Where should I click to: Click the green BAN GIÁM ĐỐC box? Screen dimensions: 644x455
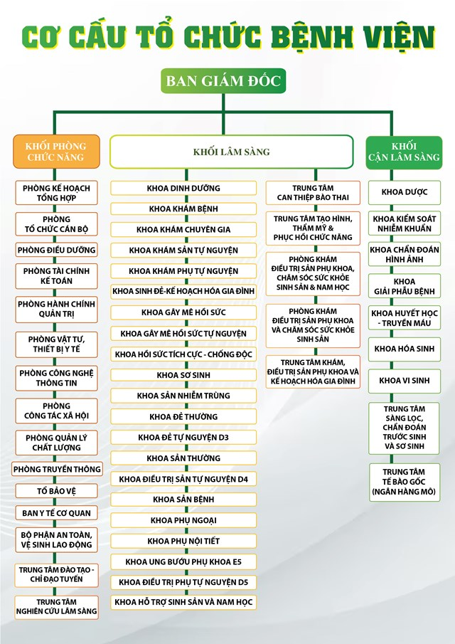tap(224, 80)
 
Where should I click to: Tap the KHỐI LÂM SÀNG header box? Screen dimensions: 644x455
tap(231, 152)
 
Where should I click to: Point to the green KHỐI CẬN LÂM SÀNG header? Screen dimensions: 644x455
tap(403, 151)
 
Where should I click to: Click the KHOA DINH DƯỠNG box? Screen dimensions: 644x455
tap(183, 188)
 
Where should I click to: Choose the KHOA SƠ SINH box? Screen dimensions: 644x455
tap(183, 374)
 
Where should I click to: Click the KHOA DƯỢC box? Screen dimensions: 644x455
tap(404, 192)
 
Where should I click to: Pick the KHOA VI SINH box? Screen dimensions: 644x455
tap(404, 381)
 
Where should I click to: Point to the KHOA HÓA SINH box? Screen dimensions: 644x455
tap(404, 349)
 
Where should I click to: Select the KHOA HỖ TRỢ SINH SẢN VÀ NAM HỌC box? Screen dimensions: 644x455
tap(183, 602)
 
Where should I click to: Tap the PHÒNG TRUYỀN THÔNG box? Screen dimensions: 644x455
tap(57, 469)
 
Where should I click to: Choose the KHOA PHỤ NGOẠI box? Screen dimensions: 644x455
tap(183, 520)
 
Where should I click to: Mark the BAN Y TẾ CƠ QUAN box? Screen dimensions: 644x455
tap(57, 512)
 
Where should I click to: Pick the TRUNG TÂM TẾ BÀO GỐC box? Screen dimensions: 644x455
tap(404, 482)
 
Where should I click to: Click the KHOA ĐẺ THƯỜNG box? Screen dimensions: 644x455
tap(183, 416)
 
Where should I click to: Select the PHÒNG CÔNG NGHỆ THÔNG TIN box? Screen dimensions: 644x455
tap(57, 378)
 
